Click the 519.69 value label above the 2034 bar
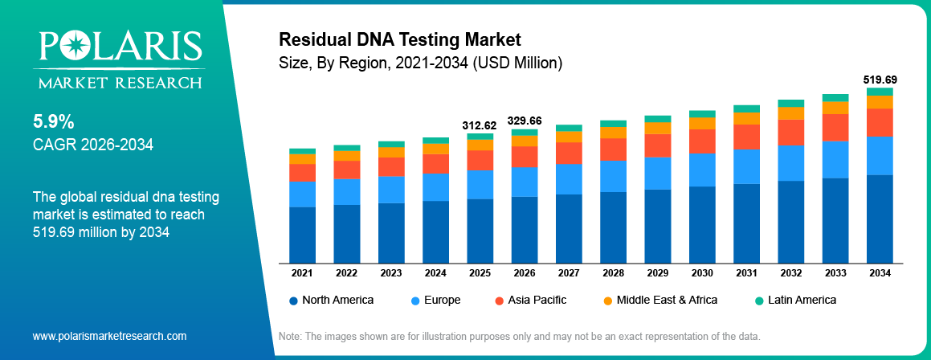coord(880,80)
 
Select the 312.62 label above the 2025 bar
coord(480,125)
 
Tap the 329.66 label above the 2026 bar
coord(525,121)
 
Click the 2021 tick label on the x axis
coord(302,273)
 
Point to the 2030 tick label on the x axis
coord(702,273)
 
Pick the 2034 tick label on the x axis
coord(880,273)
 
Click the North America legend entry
coord(331,300)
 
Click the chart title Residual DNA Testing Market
coord(400,39)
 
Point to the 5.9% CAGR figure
coord(54,122)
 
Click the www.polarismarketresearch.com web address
coord(109,336)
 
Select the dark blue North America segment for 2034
coord(880,219)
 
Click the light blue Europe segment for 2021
coord(302,194)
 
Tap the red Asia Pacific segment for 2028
coord(614,149)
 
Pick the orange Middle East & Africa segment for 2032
coord(791,113)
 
